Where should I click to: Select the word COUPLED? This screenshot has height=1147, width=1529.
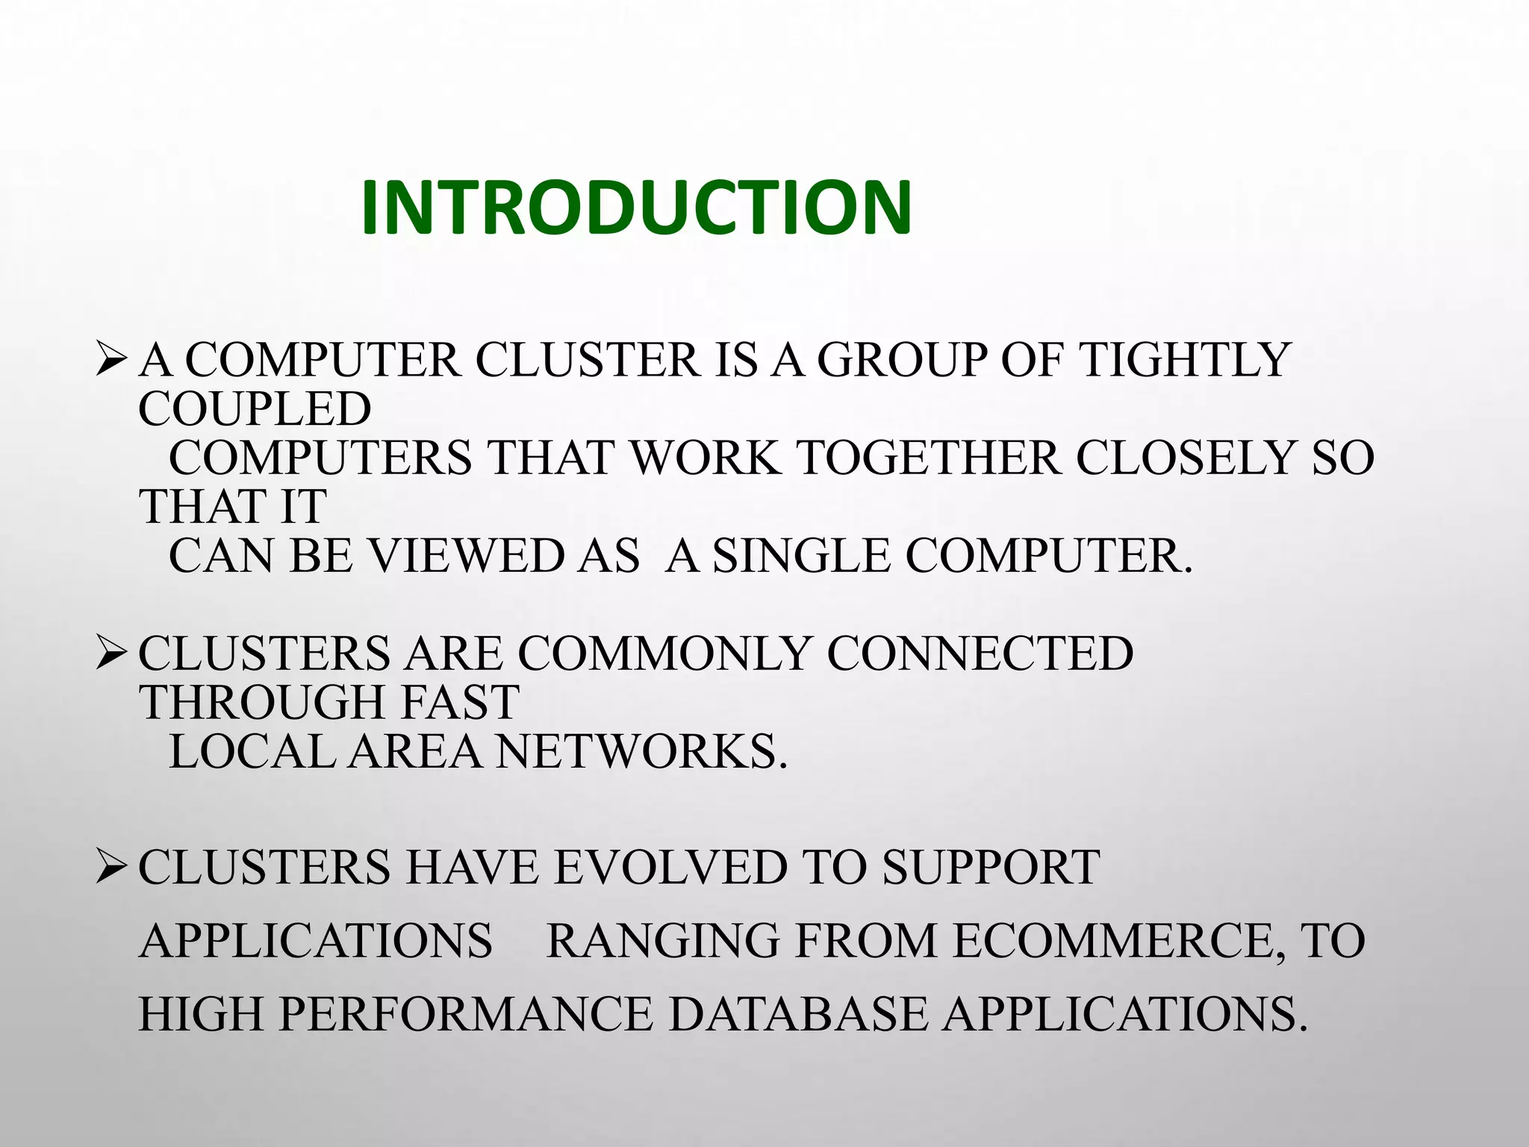(x=255, y=409)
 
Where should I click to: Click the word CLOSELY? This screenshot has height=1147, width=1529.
(x=1184, y=458)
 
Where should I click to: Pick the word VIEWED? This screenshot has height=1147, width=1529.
(x=468, y=556)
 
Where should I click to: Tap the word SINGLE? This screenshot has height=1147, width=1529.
(x=802, y=556)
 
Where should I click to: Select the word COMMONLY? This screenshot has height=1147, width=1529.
(x=664, y=653)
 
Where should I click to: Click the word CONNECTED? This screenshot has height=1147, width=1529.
(x=980, y=653)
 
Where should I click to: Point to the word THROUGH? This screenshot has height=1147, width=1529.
(x=253, y=703)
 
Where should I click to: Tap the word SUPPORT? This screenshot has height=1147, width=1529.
(x=991, y=868)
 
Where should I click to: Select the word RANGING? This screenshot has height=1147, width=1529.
(x=663, y=941)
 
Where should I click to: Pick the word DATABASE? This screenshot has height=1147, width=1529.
(x=797, y=1014)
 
